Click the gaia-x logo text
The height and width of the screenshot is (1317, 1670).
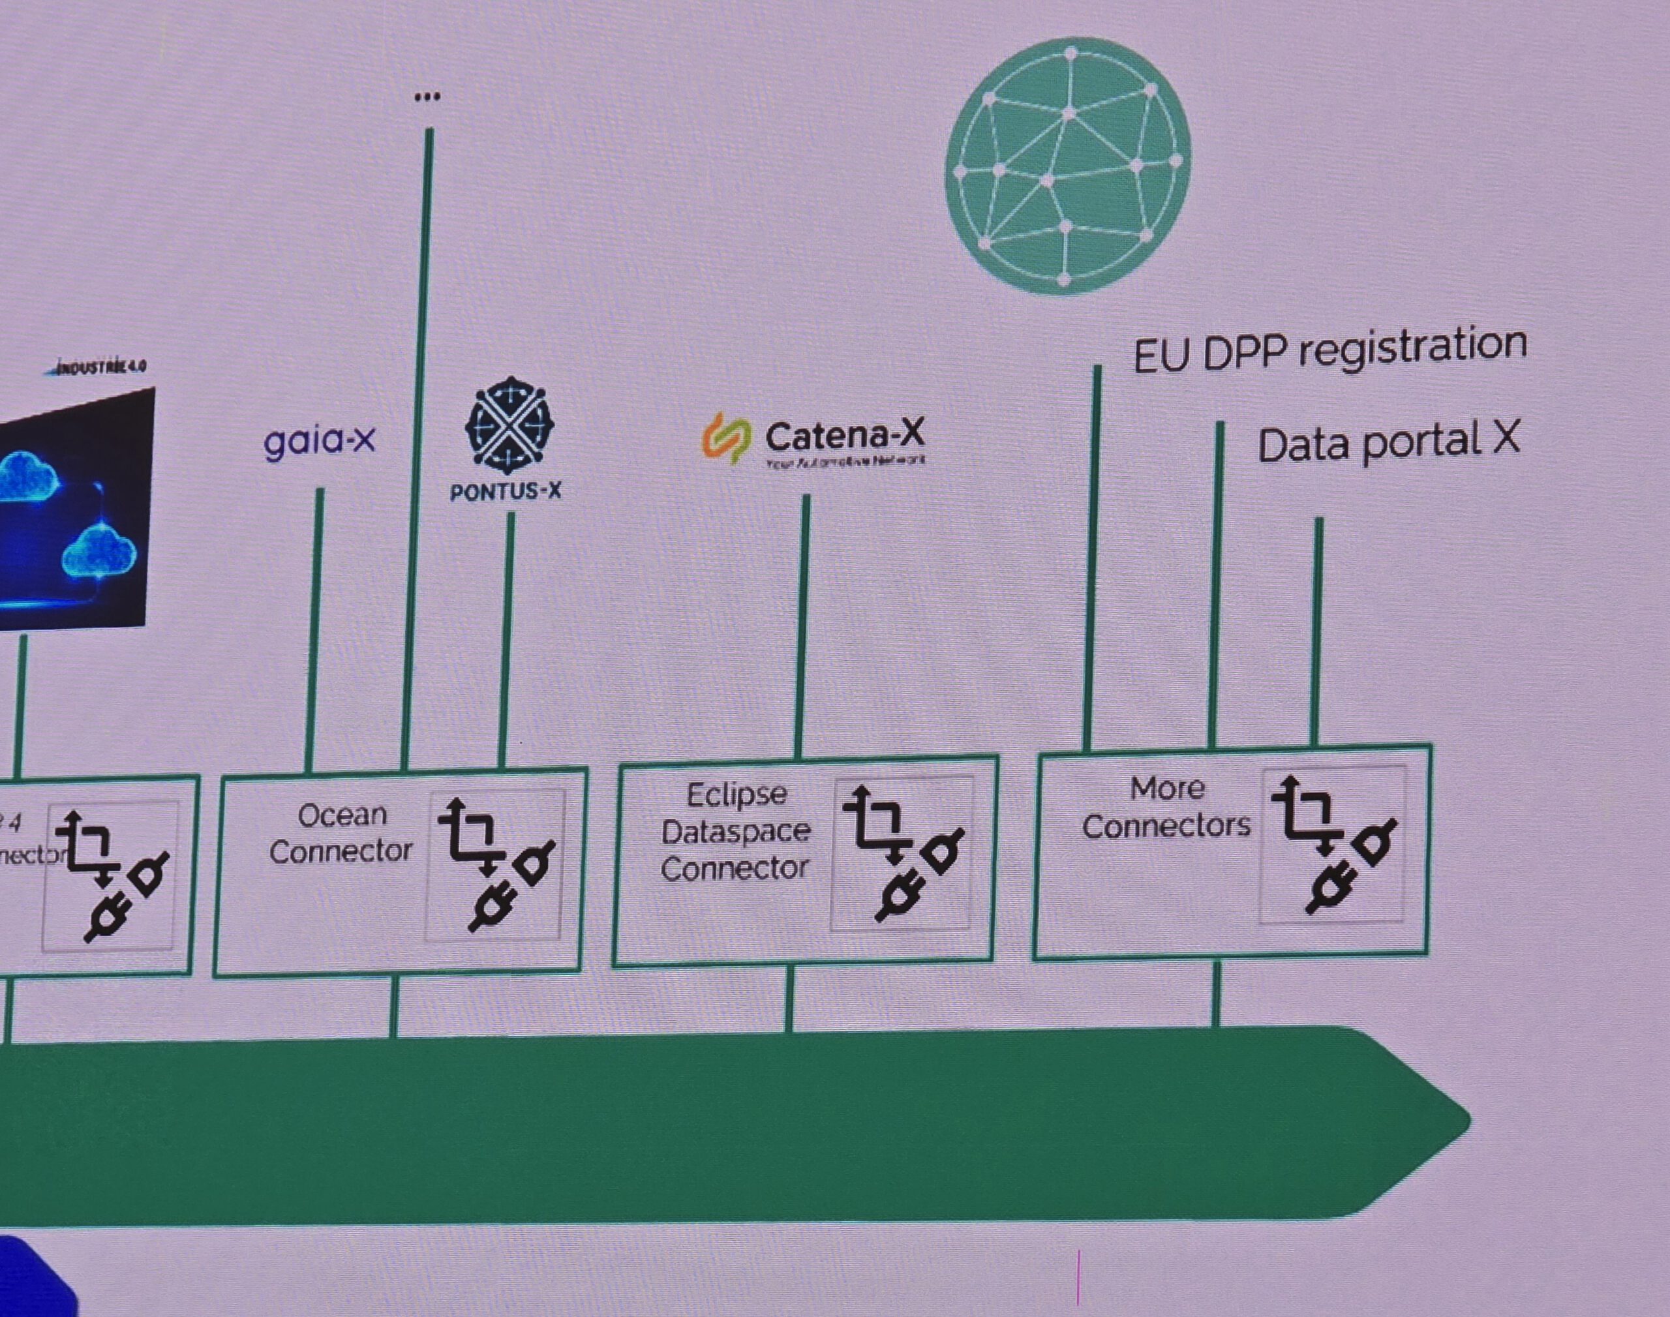pos(319,441)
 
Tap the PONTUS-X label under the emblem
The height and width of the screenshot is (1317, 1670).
pos(505,491)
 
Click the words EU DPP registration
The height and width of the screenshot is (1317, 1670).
pos(1330,349)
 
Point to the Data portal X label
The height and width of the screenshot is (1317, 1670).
pos(1388,444)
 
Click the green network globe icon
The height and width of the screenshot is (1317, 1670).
pos(1068,166)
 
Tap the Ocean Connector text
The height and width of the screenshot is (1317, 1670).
pos(341,834)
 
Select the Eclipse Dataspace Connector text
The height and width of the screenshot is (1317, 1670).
pos(736,831)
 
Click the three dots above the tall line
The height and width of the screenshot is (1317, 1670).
pos(427,97)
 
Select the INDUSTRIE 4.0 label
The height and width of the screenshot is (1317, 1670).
pos(97,367)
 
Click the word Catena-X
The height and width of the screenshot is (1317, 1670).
pos(844,436)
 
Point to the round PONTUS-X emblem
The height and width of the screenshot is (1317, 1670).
pos(509,425)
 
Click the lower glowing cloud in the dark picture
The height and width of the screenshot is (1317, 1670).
pos(99,553)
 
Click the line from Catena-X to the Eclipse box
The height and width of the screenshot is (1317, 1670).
pos(802,624)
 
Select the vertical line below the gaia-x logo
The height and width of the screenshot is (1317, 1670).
pos(314,628)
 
